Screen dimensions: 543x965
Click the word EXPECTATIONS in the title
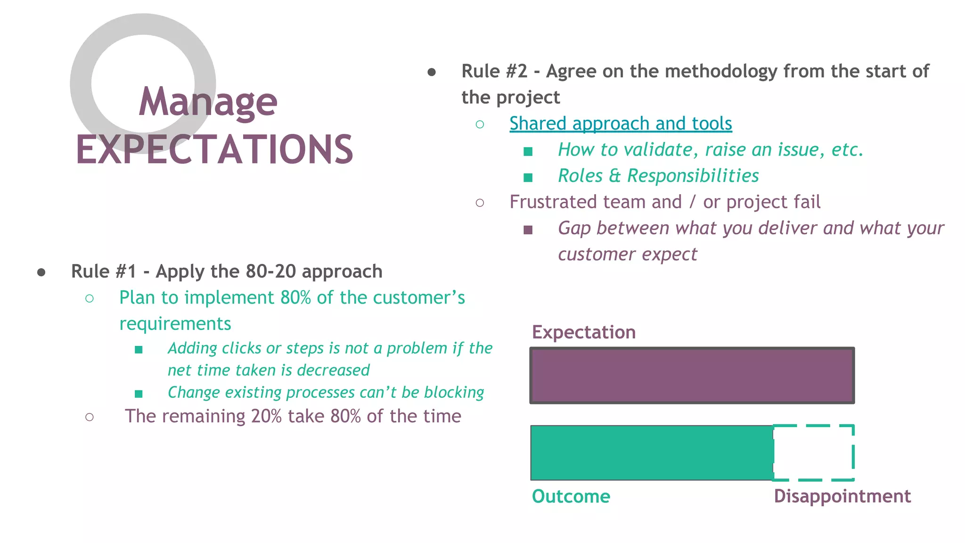coord(214,150)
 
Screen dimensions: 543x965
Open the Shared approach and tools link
coord(620,123)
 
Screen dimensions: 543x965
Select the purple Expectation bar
coord(692,375)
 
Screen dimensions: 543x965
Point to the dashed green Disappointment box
coord(814,452)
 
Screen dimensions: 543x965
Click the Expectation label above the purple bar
coord(583,332)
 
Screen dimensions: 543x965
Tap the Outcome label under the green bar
coord(571,496)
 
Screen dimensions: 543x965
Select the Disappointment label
coord(842,496)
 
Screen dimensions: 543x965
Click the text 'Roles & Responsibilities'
coord(658,176)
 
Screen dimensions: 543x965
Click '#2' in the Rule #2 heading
coord(516,72)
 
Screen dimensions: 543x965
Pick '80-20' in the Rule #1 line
coord(270,271)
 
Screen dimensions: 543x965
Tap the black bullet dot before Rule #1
coord(41,272)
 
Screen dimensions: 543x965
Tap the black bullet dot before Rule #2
coord(432,72)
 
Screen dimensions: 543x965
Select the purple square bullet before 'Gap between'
coord(528,230)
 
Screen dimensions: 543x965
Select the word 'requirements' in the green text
coord(175,324)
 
